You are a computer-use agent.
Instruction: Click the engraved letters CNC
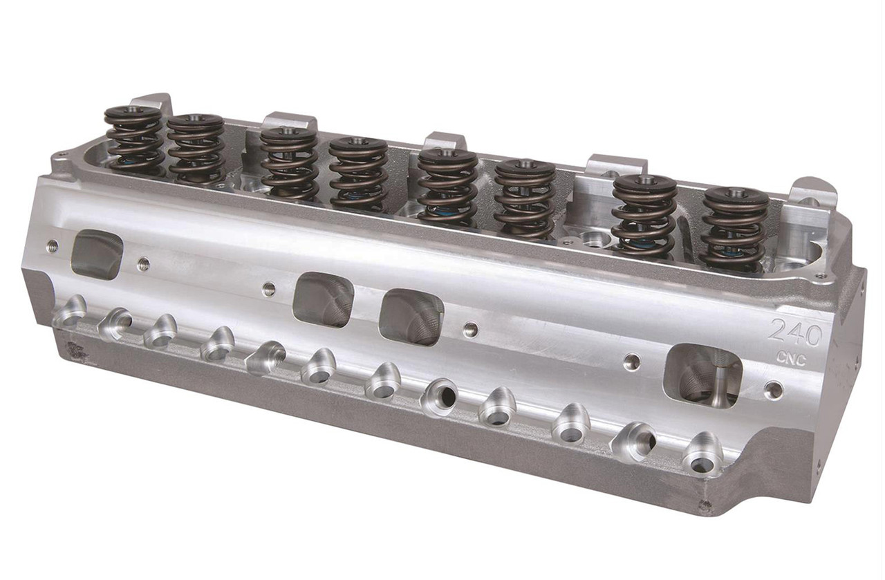click(791, 359)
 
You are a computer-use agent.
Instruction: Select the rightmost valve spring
click(735, 228)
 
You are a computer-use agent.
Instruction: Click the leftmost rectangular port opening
click(97, 254)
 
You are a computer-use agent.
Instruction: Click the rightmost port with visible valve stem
click(702, 375)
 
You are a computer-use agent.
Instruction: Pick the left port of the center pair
click(323, 299)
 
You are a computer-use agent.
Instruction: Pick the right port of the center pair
click(411, 316)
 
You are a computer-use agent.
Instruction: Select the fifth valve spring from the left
click(447, 185)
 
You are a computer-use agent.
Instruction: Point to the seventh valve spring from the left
click(644, 215)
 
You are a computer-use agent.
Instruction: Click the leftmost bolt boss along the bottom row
click(70, 312)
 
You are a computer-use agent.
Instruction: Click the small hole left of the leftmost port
click(52, 245)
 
